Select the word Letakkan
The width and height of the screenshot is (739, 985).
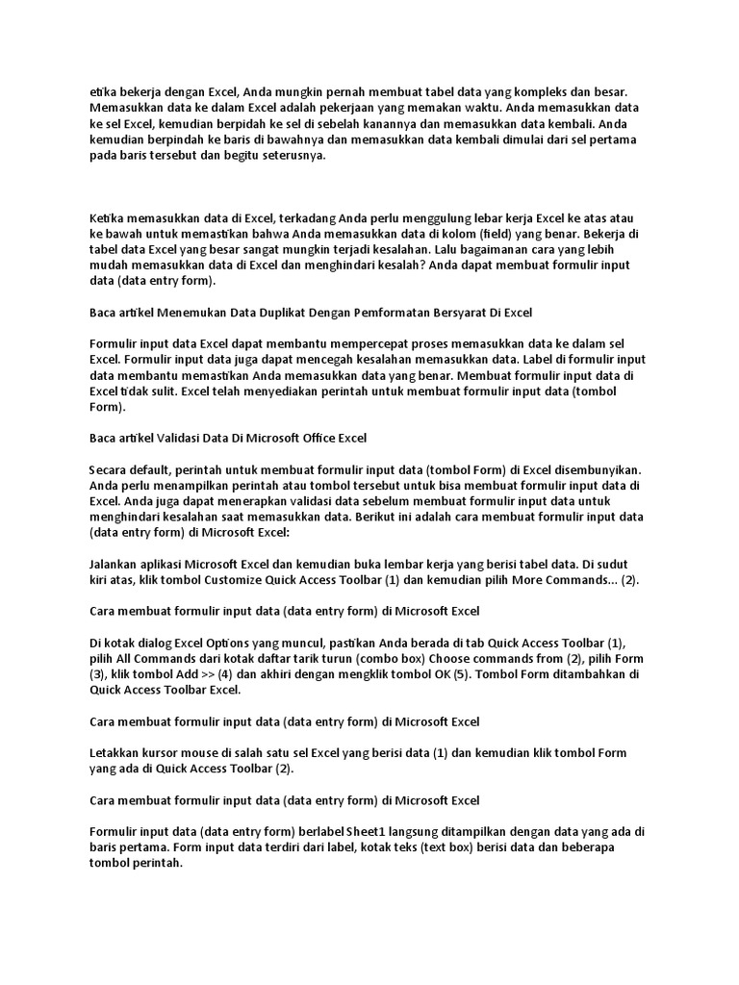click(115, 752)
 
